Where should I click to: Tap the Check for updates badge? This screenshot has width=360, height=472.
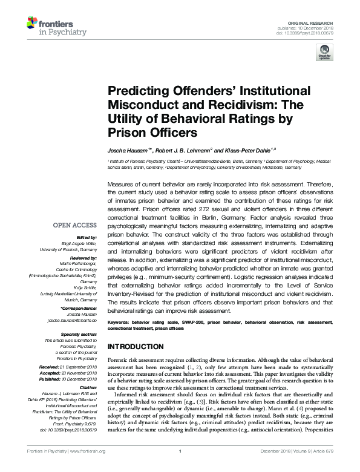[324, 55]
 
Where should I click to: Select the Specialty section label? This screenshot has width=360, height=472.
[79, 334]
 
